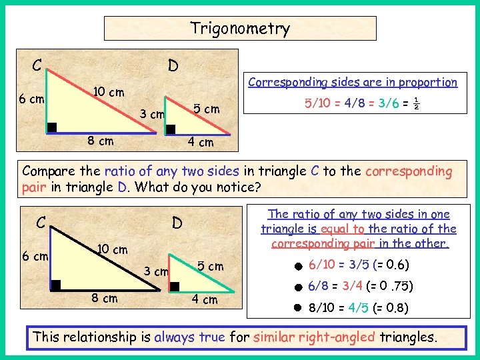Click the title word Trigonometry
[240, 28]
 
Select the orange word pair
[34, 187]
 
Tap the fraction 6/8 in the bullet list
[319, 286]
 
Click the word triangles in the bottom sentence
[408, 337]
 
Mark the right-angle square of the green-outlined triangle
[175, 286]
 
